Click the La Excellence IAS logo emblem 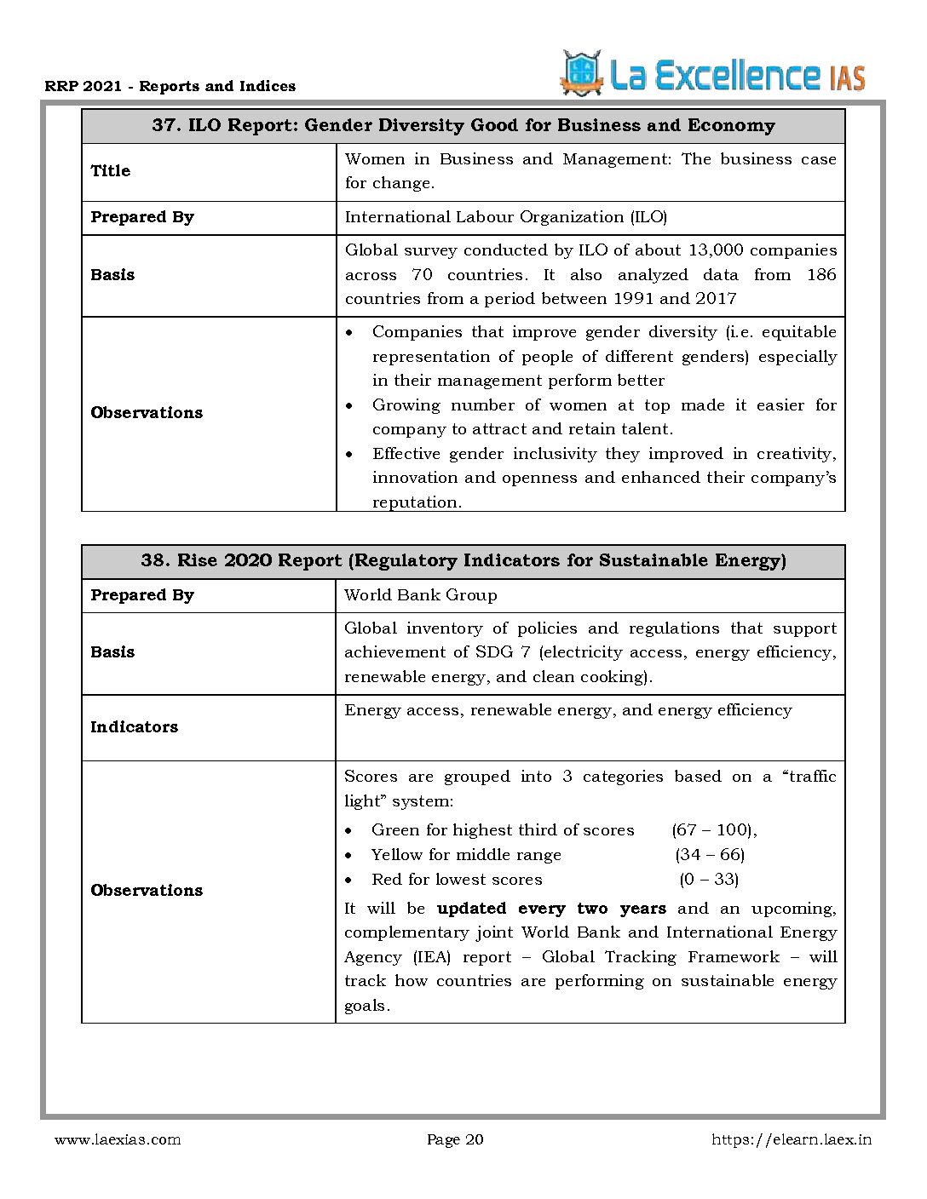pos(581,73)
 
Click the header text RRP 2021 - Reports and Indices pos(170,86)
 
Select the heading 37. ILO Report pos(463,126)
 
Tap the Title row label pos(111,171)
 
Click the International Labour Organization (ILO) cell pos(505,217)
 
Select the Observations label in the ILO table pos(147,413)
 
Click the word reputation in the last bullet pos(416,502)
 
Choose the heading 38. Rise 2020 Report pos(463,560)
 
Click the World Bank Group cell pos(420,595)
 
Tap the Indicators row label pos(135,727)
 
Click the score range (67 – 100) pos(714,830)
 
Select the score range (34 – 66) pos(710,855)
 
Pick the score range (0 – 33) pos(709,880)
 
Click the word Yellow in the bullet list pos(396,855)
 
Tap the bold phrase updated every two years pos(551,909)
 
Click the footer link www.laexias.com pos(118,1139)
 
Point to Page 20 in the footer pos(455,1139)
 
